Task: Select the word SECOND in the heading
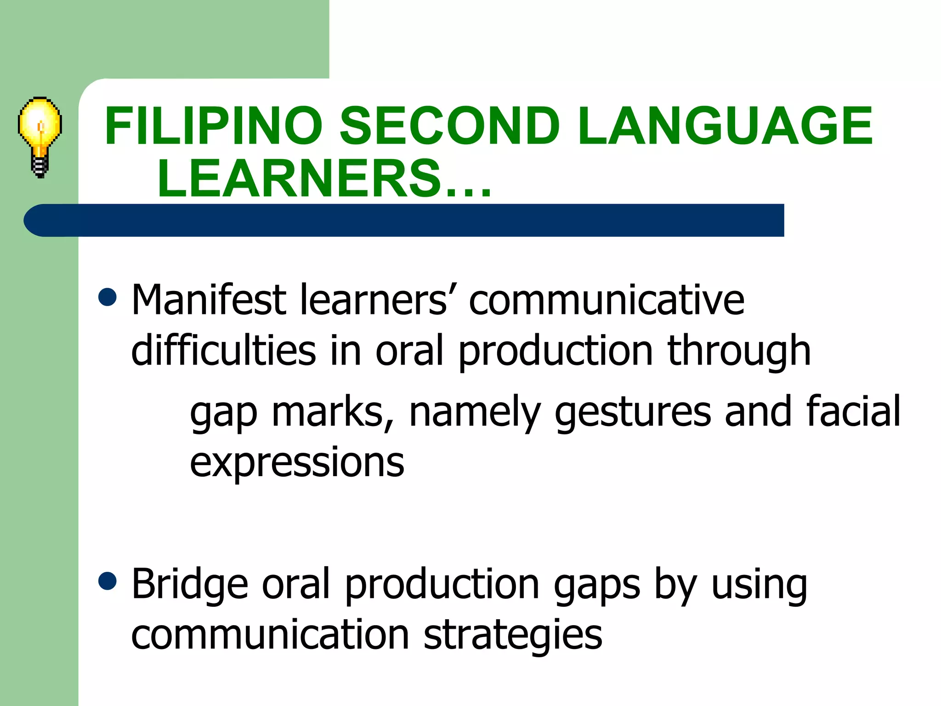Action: (450, 126)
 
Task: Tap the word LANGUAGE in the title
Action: (725, 126)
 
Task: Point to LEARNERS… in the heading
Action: (324, 178)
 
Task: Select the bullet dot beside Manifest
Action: (108, 297)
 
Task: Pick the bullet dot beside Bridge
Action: (108, 581)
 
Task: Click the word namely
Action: (475, 413)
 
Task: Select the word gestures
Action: (633, 413)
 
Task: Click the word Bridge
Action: (190, 585)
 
